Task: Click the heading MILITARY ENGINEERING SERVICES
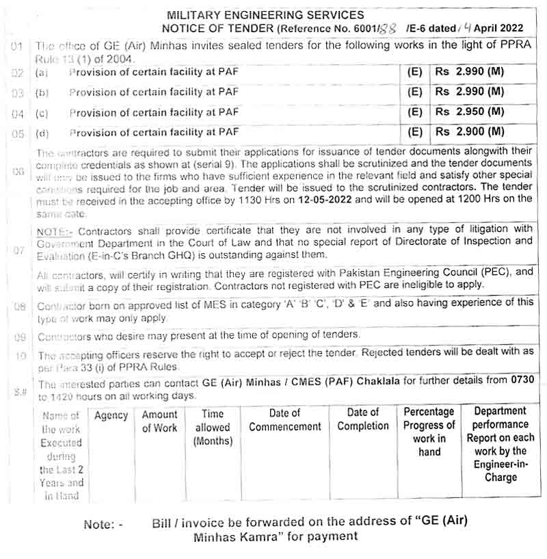click(266, 15)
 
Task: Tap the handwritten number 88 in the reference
click(387, 29)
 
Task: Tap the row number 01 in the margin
click(18, 47)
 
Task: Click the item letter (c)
click(42, 112)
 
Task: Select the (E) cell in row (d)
click(414, 131)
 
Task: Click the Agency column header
click(111, 415)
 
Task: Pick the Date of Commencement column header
click(284, 420)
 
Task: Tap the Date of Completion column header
click(362, 419)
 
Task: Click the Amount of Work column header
click(159, 421)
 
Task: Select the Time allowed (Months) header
click(213, 428)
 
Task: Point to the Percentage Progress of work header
click(429, 432)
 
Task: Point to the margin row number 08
click(19, 307)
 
